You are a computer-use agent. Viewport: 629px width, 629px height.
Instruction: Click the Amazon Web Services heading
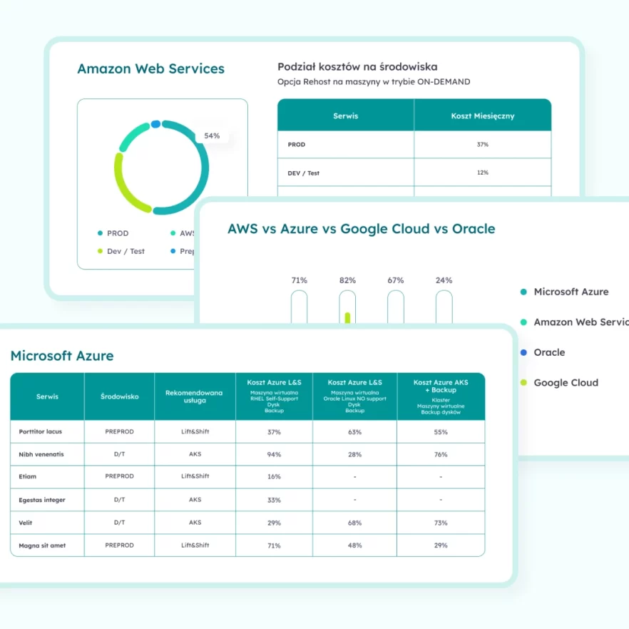150,69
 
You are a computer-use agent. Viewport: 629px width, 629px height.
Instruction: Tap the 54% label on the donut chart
212,135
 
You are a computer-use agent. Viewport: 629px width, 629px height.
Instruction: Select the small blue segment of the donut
155,124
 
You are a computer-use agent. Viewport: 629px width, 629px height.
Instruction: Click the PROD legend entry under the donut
118,233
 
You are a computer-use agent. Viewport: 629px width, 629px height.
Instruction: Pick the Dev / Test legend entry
126,251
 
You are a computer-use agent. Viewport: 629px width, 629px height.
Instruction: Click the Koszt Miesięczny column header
482,116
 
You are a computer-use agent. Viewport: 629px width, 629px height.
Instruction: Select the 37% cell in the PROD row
482,145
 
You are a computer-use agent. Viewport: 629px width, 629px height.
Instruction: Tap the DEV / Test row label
303,173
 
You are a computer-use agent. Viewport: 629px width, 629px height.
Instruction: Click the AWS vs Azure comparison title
361,229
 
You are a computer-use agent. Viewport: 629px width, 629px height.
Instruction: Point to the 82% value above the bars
347,280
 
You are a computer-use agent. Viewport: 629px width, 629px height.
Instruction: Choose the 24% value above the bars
444,280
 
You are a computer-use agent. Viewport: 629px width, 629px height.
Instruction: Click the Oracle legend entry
548,352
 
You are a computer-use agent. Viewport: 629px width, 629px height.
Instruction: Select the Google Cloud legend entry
566,383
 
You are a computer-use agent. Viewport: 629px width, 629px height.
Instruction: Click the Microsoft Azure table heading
62,356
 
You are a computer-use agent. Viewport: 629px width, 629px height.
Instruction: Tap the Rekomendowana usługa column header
195,396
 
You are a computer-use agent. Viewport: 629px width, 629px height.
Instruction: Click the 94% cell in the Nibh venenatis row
274,454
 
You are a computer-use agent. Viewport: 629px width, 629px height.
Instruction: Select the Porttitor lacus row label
41,431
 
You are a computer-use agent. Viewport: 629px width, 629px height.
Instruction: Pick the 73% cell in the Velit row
441,523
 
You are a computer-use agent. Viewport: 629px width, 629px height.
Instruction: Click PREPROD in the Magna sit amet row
119,546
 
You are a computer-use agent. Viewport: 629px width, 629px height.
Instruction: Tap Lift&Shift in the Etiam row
195,476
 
